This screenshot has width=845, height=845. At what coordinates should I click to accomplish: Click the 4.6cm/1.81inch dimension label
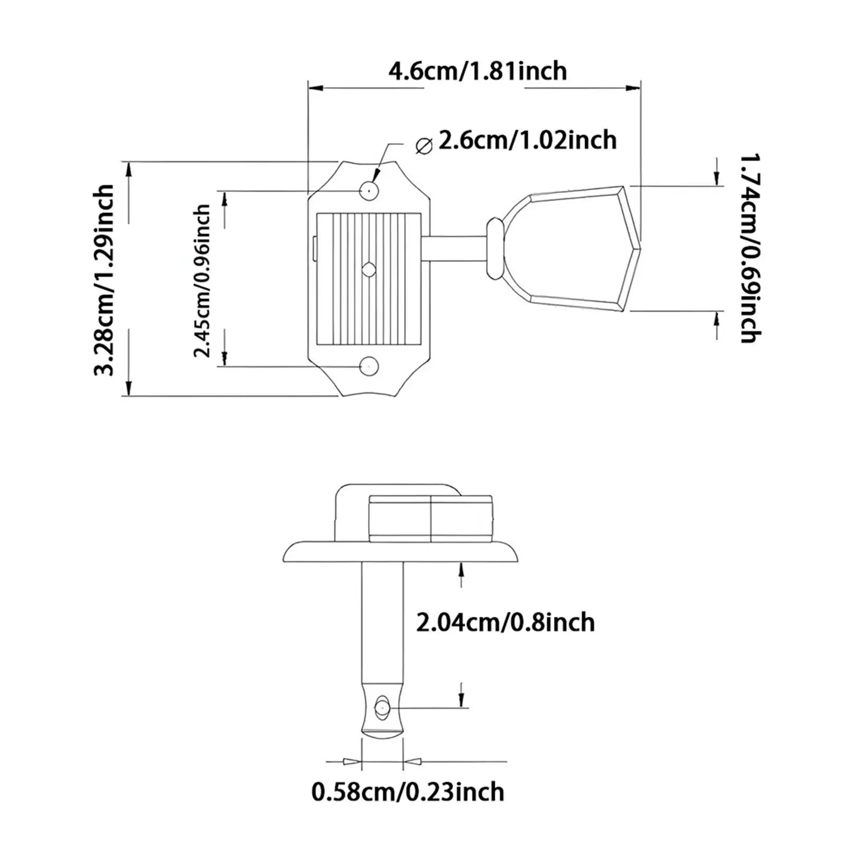(x=477, y=71)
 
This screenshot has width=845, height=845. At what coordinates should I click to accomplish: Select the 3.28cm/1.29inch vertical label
(x=104, y=280)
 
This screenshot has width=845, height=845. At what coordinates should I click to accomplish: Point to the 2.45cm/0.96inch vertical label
(x=202, y=281)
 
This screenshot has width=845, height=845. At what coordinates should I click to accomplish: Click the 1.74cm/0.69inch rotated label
(x=749, y=248)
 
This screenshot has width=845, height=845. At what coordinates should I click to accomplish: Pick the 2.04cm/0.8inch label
(x=505, y=622)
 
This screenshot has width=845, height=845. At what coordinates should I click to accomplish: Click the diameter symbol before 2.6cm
(x=424, y=145)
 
